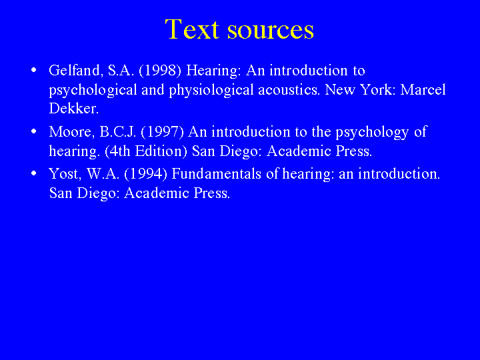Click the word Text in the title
(192, 29)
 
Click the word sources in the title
(271, 31)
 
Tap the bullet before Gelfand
(34, 70)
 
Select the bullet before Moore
(34, 131)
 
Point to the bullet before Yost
(34, 173)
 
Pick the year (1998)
(160, 71)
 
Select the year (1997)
(162, 132)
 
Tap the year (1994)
(146, 174)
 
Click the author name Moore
(72, 132)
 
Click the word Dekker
(74, 109)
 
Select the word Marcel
(423, 90)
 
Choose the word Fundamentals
(217, 174)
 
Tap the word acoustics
(289, 90)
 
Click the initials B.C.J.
(118, 132)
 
